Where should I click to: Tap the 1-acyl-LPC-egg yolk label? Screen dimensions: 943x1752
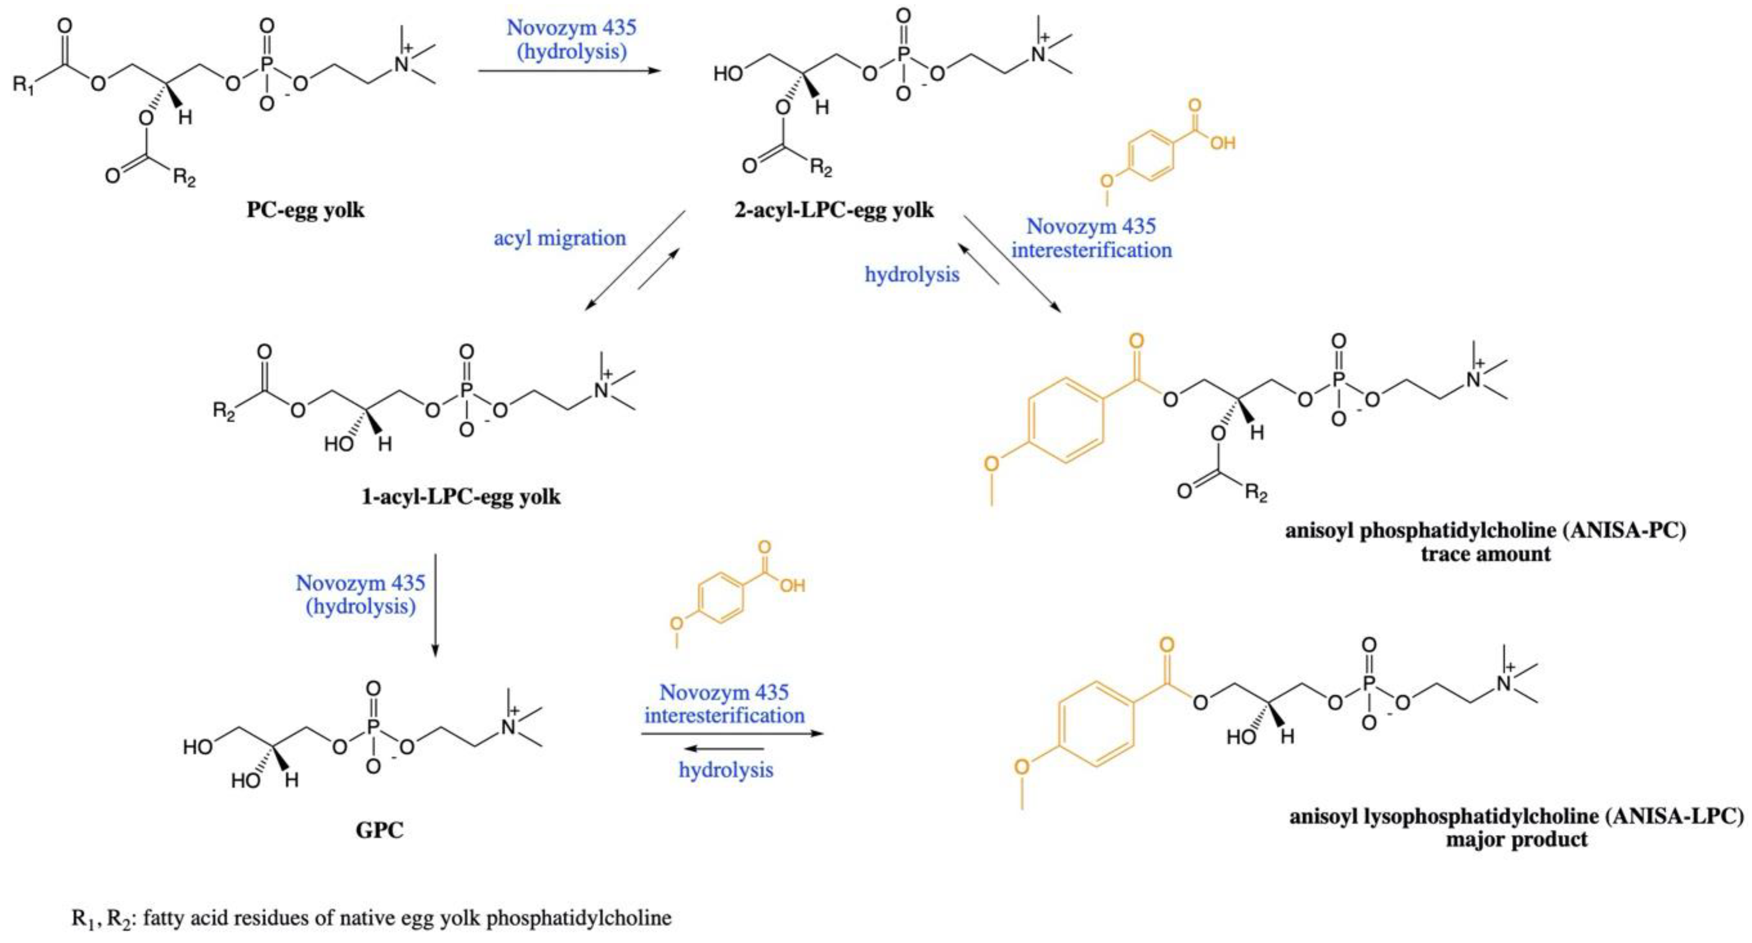(461, 497)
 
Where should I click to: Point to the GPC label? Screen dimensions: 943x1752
(380, 830)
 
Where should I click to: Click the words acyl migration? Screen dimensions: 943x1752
(560, 238)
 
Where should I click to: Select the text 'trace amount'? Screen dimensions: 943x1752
(1486, 554)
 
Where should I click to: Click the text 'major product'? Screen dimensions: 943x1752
(1517, 839)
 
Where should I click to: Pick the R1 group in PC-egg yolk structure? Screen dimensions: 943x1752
(23, 86)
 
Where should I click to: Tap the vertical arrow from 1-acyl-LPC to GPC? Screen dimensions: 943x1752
(435, 606)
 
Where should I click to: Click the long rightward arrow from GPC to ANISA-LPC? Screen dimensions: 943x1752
(732, 734)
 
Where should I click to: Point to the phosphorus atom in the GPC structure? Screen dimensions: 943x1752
(373, 728)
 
